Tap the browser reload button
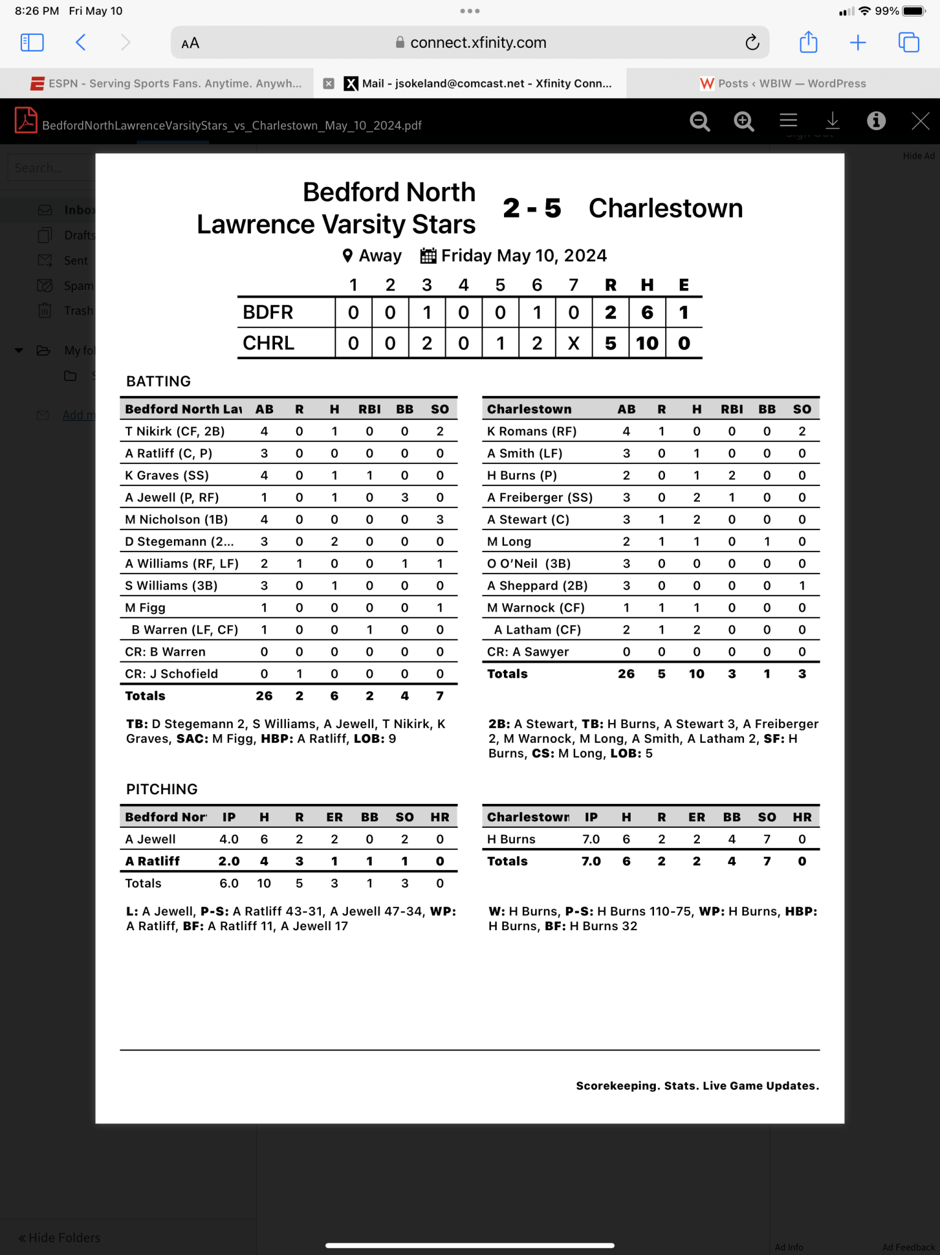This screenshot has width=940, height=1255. tap(752, 42)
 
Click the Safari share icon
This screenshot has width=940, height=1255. tap(808, 42)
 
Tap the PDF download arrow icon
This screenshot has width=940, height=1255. tap(832, 121)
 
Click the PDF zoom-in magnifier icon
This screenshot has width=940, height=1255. tap(743, 121)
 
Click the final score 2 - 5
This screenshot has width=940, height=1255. tap(532, 208)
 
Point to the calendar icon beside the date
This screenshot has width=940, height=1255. tap(428, 256)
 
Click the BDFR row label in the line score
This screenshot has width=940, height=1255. tap(268, 313)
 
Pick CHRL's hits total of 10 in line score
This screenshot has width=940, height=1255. tap(647, 343)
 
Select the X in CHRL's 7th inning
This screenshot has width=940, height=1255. tap(573, 343)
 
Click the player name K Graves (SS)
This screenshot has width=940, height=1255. tap(167, 476)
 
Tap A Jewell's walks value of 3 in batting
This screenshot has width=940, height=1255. tap(405, 498)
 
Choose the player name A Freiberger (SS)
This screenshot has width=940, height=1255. tap(540, 498)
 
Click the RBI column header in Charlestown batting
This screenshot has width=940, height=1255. tap(731, 409)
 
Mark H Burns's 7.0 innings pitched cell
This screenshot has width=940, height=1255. tap(591, 840)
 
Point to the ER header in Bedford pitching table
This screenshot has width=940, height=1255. tap(334, 817)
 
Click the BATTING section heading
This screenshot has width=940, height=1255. tap(159, 381)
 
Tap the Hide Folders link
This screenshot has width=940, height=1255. tap(59, 1238)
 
